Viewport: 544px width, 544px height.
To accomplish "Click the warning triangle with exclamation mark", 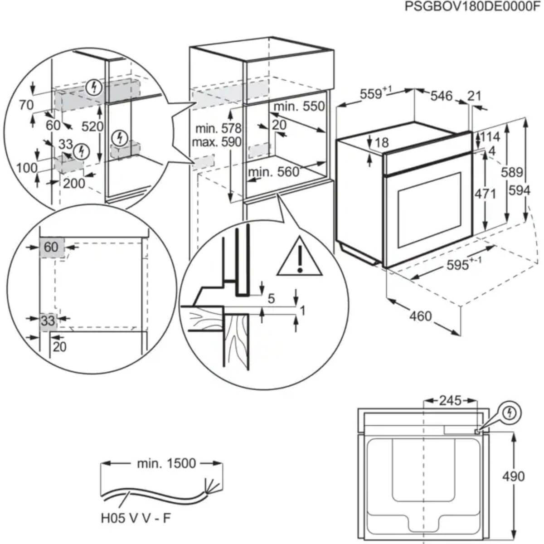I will (299, 258).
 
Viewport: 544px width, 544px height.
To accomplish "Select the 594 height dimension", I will (519, 190).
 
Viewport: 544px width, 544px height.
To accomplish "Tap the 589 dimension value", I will (512, 172).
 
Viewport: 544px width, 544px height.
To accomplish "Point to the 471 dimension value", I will (485, 194).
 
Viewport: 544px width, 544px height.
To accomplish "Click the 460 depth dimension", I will (420, 316).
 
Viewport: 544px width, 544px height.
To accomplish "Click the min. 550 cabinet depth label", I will (299, 106).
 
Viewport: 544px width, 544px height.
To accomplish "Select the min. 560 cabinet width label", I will (273, 172).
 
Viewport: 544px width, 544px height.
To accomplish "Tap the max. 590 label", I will (216, 142).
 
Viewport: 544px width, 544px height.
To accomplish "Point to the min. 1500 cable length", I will (166, 463).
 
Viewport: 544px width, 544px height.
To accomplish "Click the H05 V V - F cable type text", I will (136, 518).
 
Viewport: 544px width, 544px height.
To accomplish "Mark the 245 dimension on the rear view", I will (450, 401).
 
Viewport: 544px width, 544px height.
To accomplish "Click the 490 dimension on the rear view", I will (513, 476).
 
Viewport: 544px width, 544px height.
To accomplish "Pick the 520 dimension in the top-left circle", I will (92, 126).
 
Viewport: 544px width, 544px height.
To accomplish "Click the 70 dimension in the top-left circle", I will (26, 105).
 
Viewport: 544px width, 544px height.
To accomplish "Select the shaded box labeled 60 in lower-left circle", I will (51, 247).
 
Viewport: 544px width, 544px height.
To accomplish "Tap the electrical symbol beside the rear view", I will (510, 413).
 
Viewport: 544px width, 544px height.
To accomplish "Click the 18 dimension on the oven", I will (382, 142).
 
